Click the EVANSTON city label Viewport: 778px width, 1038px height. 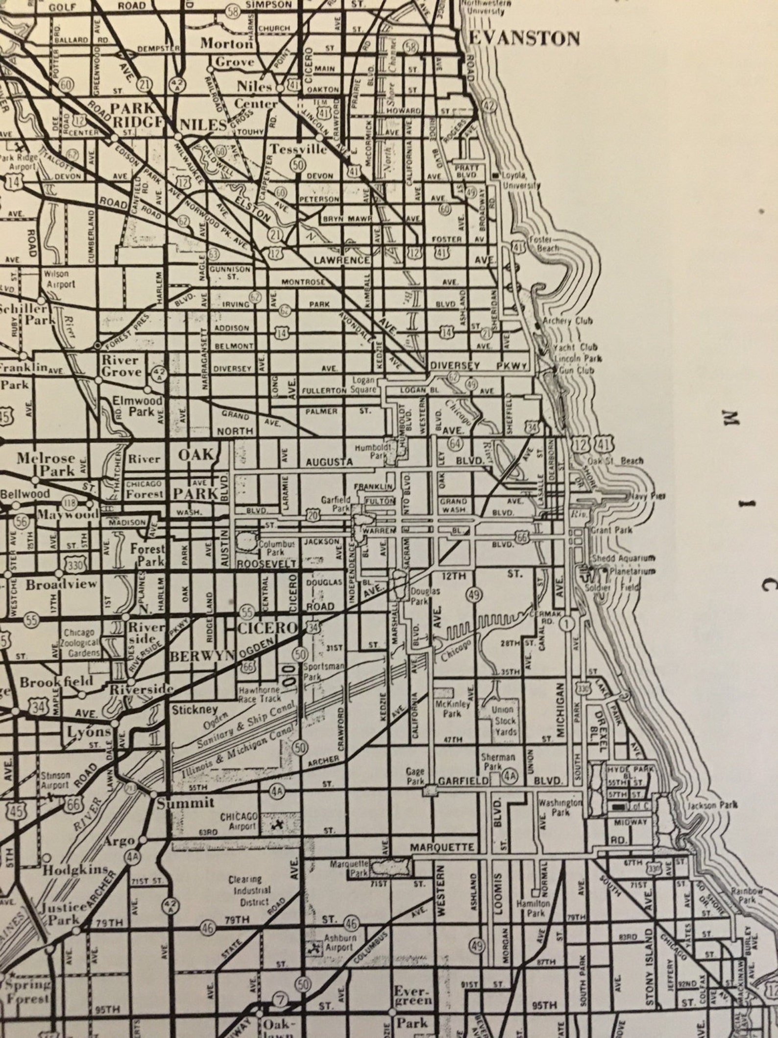point(524,39)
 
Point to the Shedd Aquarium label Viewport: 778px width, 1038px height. point(623,558)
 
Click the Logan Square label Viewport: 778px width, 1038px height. point(363,385)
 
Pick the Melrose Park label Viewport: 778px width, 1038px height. point(47,464)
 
